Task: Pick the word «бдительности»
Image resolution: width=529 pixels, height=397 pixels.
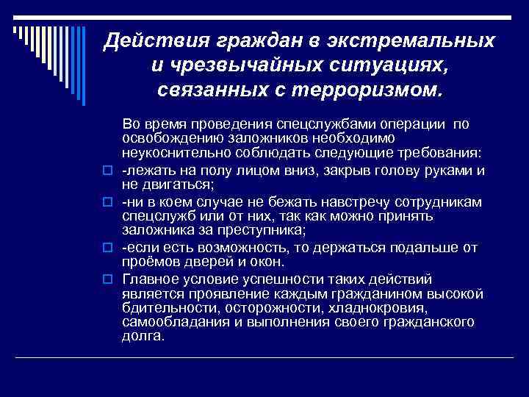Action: (x=164, y=308)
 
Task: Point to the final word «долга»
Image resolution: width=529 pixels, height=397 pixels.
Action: (x=142, y=335)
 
